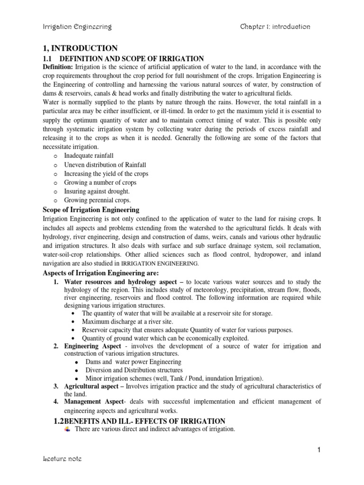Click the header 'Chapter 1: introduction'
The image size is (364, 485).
point(275,27)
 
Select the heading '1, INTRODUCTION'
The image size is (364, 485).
point(80,48)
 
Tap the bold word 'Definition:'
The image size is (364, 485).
point(58,67)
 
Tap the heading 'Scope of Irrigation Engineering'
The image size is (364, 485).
point(91,210)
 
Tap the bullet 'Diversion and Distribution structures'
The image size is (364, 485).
point(134,370)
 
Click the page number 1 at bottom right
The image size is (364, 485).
point(320,450)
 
